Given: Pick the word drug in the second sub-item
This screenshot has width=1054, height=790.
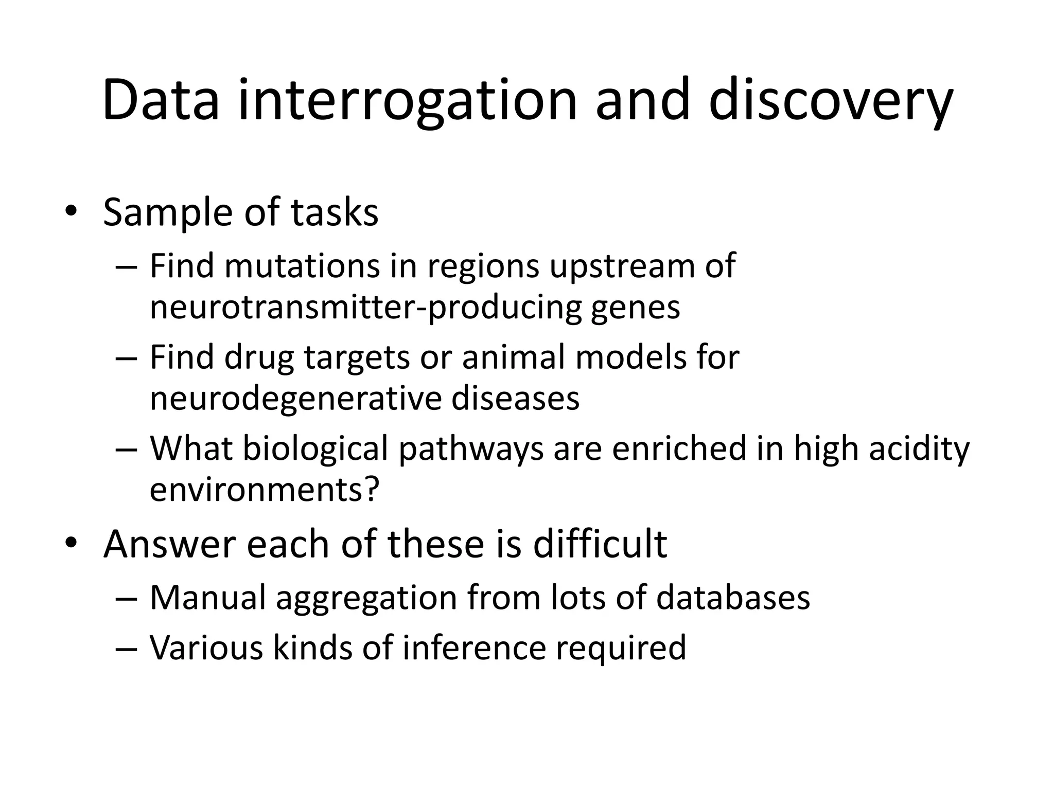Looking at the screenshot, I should pyautogui.click(x=259, y=357).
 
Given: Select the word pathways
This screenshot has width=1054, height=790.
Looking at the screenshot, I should pyautogui.click(x=471, y=448).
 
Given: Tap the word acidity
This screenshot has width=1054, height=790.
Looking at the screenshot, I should pyautogui.click(x=919, y=448).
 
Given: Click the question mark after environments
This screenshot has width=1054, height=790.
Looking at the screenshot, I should pyautogui.click(x=371, y=489).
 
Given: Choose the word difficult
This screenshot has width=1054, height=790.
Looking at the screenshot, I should pyautogui.click(x=600, y=544).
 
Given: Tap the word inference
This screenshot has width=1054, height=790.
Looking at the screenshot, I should pyautogui.click(x=474, y=648).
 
